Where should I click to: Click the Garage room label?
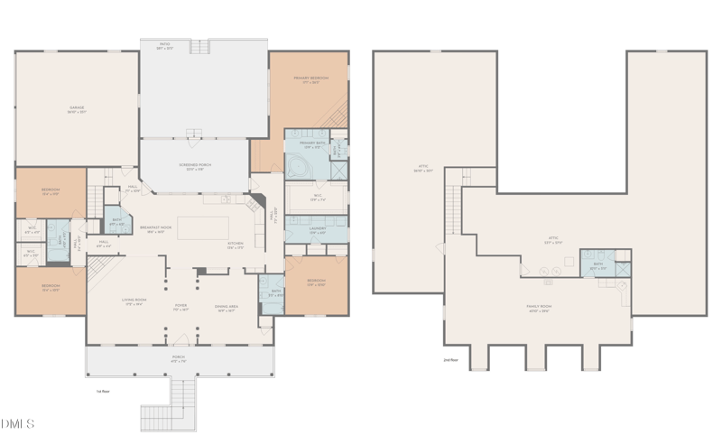tap(77, 110)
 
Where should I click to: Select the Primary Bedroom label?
tap(310, 80)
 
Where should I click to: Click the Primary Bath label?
tap(312, 145)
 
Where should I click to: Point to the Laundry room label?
tap(316, 232)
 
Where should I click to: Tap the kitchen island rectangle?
tap(202, 227)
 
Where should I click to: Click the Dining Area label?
tap(226, 309)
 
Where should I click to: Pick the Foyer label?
tap(180, 307)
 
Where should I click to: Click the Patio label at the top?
tap(165, 45)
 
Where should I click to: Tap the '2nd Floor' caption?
tap(451, 360)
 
